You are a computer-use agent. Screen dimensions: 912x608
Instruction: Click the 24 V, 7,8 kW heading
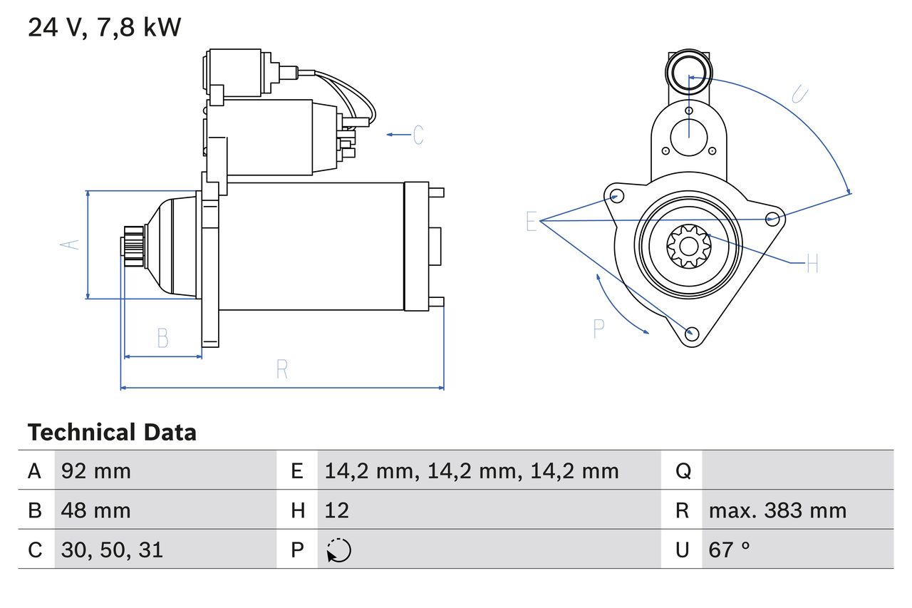104,28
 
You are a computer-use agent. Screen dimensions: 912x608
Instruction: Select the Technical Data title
112,432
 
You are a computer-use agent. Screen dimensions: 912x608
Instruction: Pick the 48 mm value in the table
95,510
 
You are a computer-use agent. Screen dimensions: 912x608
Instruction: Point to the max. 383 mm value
777,510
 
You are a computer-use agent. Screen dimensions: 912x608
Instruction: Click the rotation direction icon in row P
338,550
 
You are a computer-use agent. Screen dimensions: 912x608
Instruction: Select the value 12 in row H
337,510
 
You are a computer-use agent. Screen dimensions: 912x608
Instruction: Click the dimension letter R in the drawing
281,369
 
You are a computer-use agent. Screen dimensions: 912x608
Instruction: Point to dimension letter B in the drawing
163,338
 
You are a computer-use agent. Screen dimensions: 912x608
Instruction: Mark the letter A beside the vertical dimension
70,244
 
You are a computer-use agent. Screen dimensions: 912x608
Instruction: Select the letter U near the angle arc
799,94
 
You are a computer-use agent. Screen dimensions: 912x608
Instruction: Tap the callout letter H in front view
812,263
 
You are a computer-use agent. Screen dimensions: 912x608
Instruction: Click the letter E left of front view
532,221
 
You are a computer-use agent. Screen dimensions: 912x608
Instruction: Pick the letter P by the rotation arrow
599,329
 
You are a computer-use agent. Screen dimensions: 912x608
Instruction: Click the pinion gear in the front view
689,247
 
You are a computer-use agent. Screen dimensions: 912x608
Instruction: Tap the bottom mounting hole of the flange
692,334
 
